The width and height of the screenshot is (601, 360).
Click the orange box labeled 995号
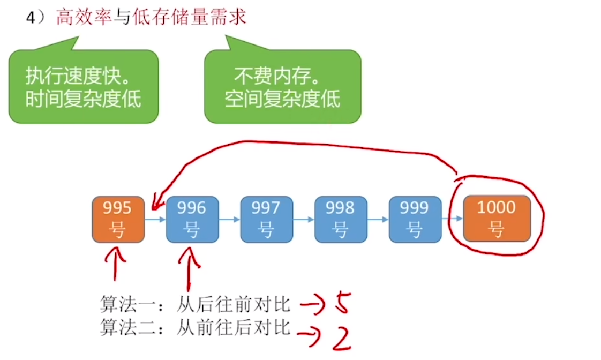pos(117,219)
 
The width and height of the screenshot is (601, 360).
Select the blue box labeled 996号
pos(192,219)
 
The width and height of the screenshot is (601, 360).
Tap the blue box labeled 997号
pos(266,219)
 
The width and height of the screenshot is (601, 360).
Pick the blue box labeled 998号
pos(340,219)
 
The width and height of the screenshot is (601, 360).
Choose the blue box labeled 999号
pos(415,219)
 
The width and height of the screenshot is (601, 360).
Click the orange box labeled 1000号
pos(497,219)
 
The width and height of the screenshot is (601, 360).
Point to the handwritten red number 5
pos(342,304)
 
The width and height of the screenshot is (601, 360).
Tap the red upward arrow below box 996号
pos(189,268)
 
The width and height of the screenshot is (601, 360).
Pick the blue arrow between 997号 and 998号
pos(303,219)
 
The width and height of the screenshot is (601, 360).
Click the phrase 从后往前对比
pos(234,305)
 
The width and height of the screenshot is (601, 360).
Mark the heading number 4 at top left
pos(31,18)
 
